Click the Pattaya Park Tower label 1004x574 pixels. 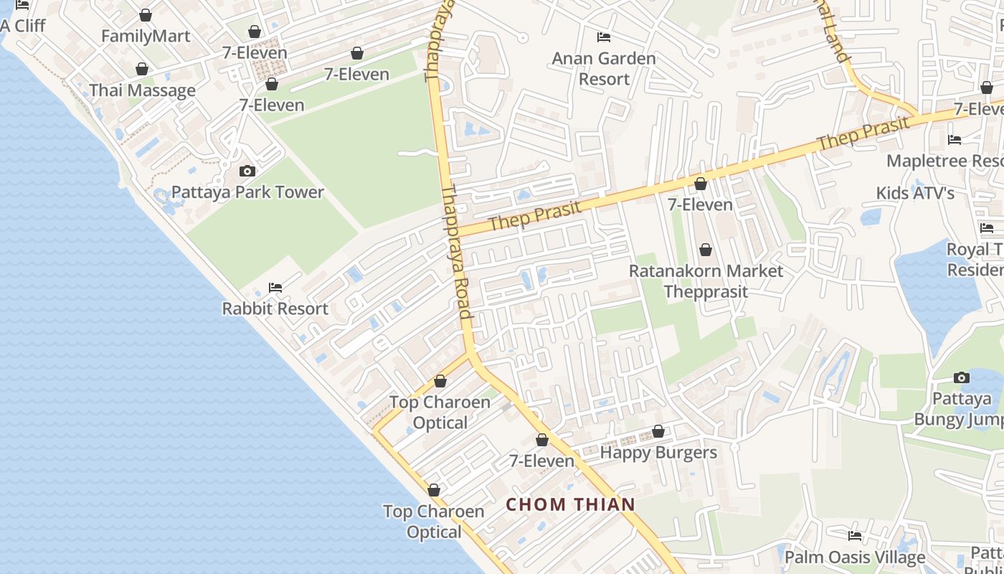point(248,192)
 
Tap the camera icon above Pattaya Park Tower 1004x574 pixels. point(247,171)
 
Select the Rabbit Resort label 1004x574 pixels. point(275,309)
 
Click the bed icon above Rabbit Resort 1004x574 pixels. point(275,288)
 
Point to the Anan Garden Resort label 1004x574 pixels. point(604,69)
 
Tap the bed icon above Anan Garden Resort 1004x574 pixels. point(604,37)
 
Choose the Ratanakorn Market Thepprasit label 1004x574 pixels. point(706,281)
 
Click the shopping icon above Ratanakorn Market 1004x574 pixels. point(706,250)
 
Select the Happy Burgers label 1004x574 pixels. point(658,453)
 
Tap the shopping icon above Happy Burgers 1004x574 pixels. point(658,432)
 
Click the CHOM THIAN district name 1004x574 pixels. point(571,504)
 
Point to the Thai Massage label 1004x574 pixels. point(142,90)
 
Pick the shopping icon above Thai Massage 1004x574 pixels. point(142,69)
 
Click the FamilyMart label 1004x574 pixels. point(146,36)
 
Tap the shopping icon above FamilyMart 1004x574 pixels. point(146,15)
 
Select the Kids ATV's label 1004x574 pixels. point(915,193)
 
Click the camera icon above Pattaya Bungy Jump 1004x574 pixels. point(962,377)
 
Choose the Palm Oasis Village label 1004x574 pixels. point(855,557)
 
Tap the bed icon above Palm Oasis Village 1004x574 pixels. point(855,535)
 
